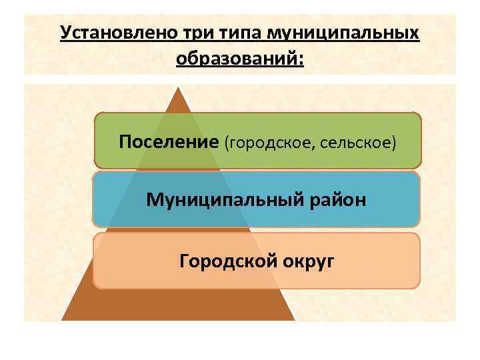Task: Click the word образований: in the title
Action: [x=239, y=59]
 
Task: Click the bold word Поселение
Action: [x=169, y=141]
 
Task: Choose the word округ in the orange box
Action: [x=306, y=260]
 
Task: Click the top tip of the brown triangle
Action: [x=178, y=87]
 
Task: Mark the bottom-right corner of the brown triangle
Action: [x=294, y=319]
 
